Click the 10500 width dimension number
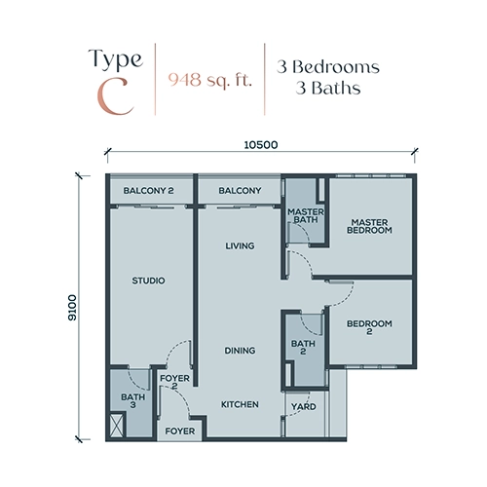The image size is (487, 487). (261, 145)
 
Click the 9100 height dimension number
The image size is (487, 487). (72, 308)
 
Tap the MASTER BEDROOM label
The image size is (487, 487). (369, 226)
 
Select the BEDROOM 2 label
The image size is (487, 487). (369, 327)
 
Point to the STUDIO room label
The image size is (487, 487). (148, 281)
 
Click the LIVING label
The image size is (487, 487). (240, 245)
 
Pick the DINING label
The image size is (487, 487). (240, 351)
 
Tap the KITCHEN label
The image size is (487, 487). (240, 404)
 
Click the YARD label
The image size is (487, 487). (303, 406)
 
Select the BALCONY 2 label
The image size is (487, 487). (148, 191)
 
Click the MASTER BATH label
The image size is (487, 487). (306, 215)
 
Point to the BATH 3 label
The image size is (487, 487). (132, 400)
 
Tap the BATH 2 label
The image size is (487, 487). (303, 347)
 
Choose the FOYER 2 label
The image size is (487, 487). (174, 382)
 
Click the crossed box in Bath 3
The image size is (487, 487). (117, 425)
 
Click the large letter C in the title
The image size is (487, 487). (115, 96)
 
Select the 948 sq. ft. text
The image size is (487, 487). (209, 80)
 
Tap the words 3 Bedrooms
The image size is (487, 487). (328, 67)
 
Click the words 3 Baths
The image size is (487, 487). (328, 88)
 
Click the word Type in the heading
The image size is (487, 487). (116, 59)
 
